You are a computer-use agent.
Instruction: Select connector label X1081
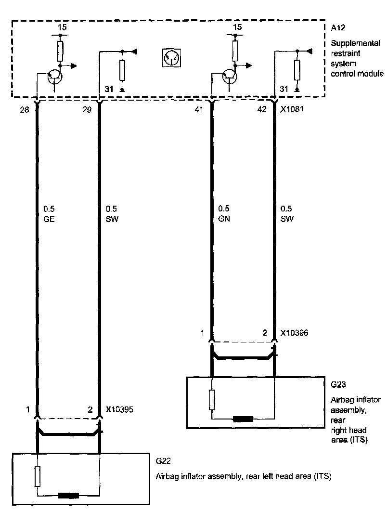click(x=292, y=110)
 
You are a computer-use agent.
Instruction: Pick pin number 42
click(x=261, y=110)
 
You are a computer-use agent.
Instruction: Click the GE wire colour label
click(x=49, y=218)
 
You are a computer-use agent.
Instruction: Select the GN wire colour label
click(x=223, y=218)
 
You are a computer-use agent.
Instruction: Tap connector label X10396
click(x=295, y=333)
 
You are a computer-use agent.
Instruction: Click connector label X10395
click(x=119, y=410)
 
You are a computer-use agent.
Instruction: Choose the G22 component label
click(x=162, y=461)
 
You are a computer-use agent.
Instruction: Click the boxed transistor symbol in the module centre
click(x=171, y=58)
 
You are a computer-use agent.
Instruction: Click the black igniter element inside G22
click(x=68, y=495)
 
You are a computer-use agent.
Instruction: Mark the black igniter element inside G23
click(x=243, y=419)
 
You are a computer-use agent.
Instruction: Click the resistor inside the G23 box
click(x=211, y=400)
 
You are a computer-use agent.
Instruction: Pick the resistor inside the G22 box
click(x=37, y=477)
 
